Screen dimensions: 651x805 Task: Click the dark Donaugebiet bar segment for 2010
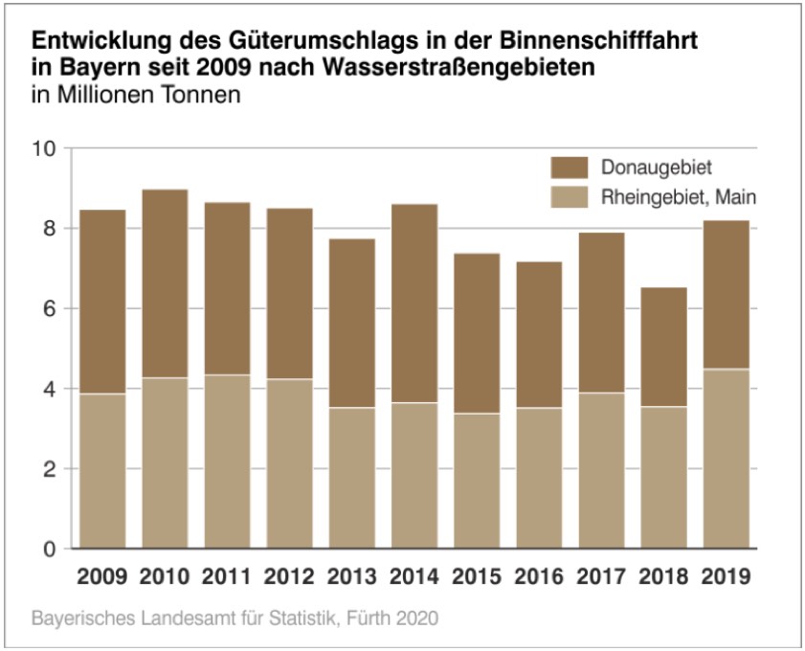tap(165, 283)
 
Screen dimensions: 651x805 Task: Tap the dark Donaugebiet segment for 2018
tap(663, 347)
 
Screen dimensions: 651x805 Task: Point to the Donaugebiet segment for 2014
tap(414, 303)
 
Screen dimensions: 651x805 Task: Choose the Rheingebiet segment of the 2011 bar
tap(227, 461)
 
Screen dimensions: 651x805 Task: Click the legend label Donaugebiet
tap(657, 168)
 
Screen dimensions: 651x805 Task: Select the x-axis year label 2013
tap(351, 577)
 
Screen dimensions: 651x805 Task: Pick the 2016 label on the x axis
tap(539, 577)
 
